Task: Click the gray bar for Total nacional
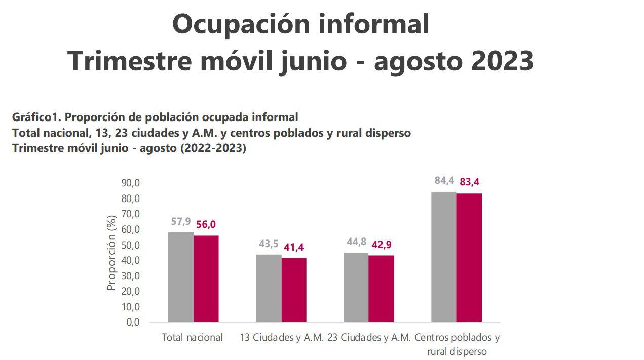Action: click(181, 277)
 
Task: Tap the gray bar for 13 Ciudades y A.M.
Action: click(269, 288)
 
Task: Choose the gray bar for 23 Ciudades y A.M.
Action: click(356, 287)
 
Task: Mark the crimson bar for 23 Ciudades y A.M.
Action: click(381, 289)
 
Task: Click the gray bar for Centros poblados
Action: click(444, 257)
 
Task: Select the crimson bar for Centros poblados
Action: click(469, 258)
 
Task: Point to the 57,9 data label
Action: click(181, 221)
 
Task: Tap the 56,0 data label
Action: click(206, 224)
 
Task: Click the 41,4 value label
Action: click(294, 247)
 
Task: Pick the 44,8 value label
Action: click(357, 242)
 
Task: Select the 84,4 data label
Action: click(444, 181)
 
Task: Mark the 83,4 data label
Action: click(469, 182)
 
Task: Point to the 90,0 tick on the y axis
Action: click(130, 183)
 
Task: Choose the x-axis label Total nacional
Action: click(192, 337)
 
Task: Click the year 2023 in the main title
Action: click(502, 61)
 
